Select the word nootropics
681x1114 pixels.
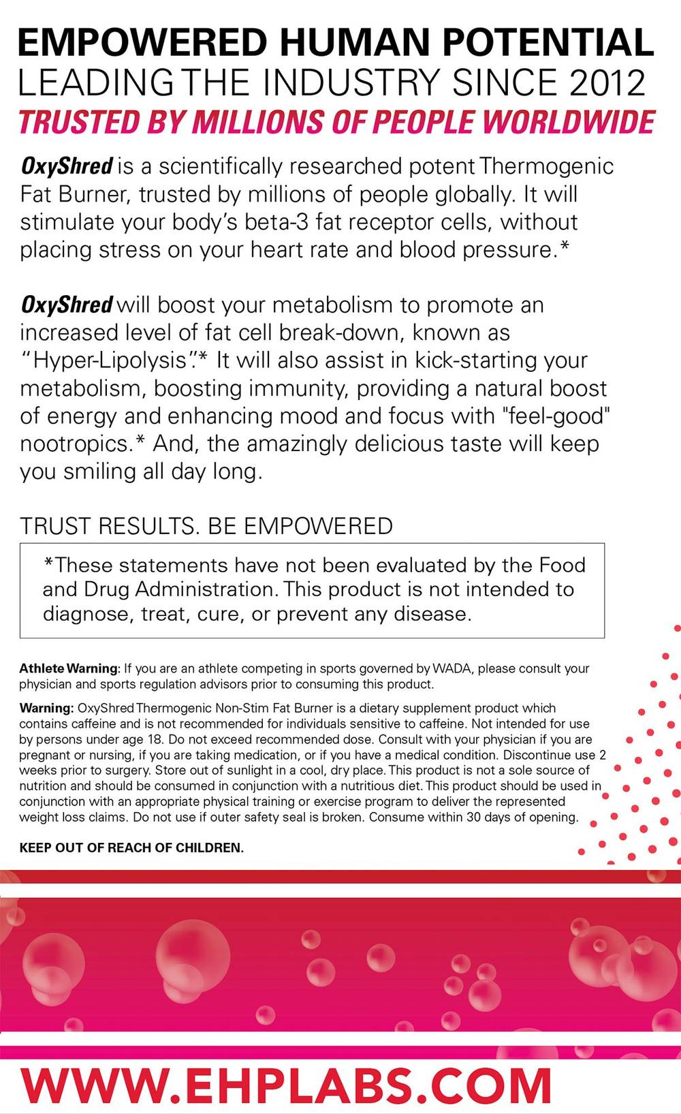[75, 444]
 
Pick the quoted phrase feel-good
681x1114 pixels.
[559, 416]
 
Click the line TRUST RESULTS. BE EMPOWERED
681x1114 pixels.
[206, 526]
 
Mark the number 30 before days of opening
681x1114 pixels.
[473, 817]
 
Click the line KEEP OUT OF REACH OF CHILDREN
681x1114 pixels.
[131, 848]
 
